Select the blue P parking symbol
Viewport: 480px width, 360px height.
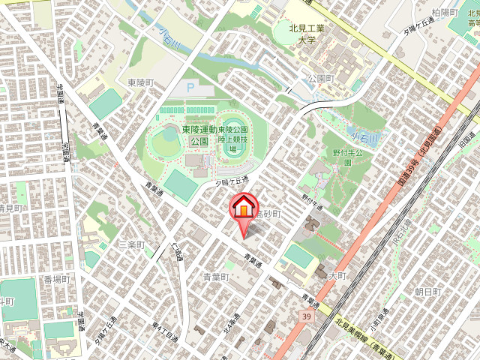(190, 88)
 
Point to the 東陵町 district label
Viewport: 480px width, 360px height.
(140, 82)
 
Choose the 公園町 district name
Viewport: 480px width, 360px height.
(320, 78)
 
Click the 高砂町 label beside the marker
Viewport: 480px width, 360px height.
(267, 214)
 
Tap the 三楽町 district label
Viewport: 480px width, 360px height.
(130, 245)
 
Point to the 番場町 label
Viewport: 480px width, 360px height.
(56, 279)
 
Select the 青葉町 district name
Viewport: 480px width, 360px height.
(216, 277)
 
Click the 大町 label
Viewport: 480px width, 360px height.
(337, 276)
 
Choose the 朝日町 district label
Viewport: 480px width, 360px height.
(428, 291)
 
